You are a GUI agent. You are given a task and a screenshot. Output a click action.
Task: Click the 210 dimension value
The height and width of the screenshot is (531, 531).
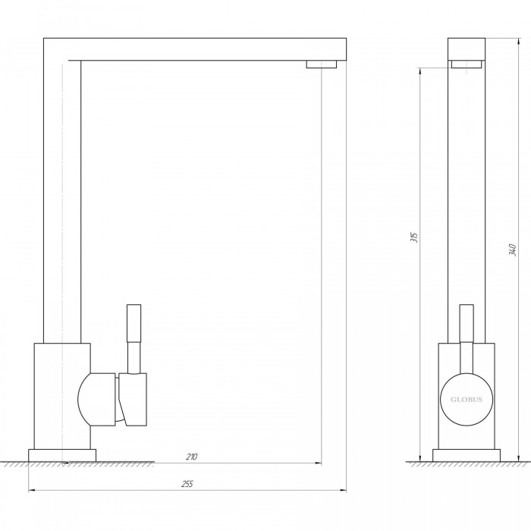pyautogui.click(x=191, y=457)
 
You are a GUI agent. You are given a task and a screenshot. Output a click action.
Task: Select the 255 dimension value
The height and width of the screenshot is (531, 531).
pyautogui.click(x=187, y=484)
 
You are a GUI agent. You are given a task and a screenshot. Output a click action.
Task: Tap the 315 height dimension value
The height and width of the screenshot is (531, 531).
pyautogui.click(x=414, y=237)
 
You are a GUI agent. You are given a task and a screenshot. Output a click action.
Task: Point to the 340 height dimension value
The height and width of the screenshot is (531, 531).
pyautogui.click(x=512, y=250)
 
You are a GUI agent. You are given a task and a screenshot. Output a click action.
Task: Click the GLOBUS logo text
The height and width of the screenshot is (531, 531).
pyautogui.click(x=467, y=400)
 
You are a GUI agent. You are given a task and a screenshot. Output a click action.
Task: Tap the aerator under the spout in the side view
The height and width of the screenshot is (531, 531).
pyautogui.click(x=322, y=64)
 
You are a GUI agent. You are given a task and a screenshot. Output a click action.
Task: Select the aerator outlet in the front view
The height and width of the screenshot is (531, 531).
pyautogui.click(x=467, y=64)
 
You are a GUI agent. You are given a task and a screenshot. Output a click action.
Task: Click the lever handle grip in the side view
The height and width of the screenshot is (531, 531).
pyautogui.click(x=134, y=323)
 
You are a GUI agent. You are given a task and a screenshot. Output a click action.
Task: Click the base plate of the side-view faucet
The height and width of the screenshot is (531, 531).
pyautogui.click(x=62, y=455)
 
